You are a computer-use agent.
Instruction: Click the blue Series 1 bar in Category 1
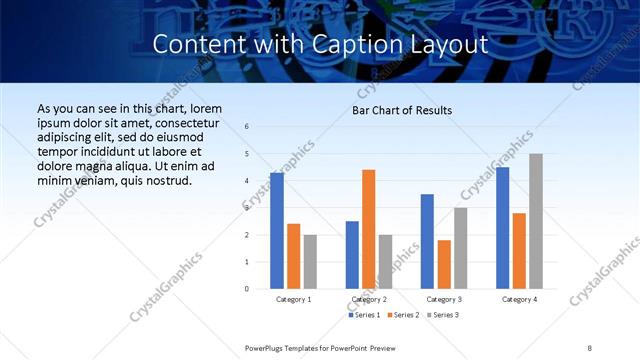tap(277, 231)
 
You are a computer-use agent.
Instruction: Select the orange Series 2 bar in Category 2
tap(368, 229)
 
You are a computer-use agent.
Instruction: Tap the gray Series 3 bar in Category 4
tap(536, 221)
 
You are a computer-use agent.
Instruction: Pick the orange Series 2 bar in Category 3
tap(444, 264)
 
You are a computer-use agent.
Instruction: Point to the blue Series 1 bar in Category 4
tap(503, 228)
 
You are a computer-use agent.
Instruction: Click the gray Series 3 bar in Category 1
tap(310, 262)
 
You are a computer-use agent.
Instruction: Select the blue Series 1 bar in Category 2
tap(352, 255)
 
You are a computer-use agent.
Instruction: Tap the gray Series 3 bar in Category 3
tap(460, 248)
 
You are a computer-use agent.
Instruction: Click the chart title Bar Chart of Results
tap(402, 110)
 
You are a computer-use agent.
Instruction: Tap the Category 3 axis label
tap(443, 299)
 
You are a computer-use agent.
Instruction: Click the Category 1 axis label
tap(293, 299)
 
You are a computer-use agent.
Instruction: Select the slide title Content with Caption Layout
tap(320, 45)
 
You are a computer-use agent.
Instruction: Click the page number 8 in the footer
tap(590, 347)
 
